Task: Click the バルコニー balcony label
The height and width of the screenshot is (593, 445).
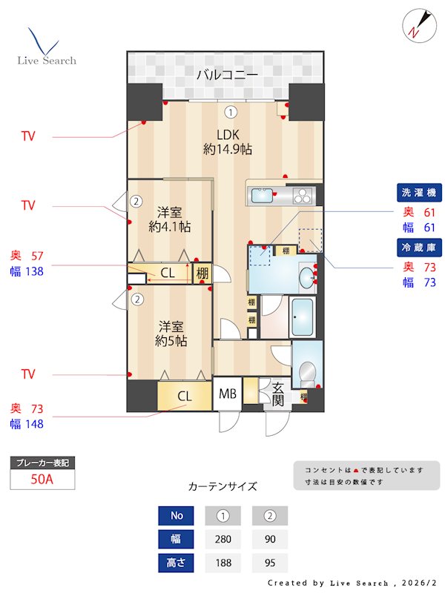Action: [227, 75]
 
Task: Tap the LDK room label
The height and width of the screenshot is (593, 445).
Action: [228, 134]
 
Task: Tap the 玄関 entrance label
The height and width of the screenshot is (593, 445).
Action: [278, 393]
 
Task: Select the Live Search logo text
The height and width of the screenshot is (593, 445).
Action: [47, 60]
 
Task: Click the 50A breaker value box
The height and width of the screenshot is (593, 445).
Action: [42, 479]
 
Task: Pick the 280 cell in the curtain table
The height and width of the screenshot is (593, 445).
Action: [222, 539]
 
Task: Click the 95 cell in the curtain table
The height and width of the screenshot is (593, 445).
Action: [270, 563]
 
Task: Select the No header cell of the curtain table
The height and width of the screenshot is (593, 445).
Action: [177, 515]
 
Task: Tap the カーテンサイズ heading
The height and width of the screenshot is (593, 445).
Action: [222, 487]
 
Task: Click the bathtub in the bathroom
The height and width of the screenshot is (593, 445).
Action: [303, 318]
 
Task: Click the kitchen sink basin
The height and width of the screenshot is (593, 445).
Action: [261, 196]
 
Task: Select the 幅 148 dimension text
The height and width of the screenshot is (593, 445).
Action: [27, 424]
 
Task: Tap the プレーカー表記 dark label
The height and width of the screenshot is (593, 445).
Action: [42, 463]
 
